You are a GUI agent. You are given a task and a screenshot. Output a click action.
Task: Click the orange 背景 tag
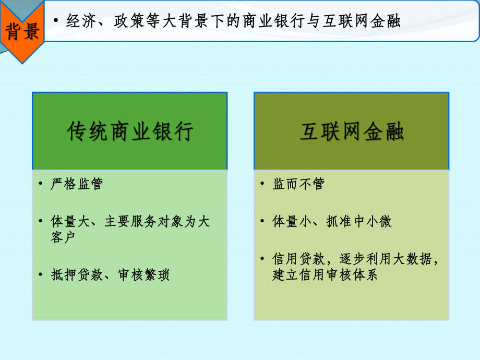tap(22, 32)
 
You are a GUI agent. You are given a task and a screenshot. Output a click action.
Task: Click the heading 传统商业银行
tap(130, 132)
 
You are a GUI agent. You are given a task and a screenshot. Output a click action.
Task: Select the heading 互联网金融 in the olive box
tap(352, 132)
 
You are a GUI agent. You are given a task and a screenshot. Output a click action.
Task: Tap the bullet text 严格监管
tap(77, 184)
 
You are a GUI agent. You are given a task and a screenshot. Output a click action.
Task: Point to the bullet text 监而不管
tap(298, 184)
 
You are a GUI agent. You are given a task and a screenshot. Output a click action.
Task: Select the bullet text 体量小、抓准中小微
tap(332, 221)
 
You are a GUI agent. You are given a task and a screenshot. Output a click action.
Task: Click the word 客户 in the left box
tap(63, 237)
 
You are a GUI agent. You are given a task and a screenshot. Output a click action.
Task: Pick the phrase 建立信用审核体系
tap(325, 274)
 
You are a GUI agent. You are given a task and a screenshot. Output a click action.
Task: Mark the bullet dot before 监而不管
tap(262, 184)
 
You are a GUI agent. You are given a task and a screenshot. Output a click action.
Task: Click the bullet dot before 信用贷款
tap(262, 259)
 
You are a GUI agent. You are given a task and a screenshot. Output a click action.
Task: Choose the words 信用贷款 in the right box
tap(298, 259)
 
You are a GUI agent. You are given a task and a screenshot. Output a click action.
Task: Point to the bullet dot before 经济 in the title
tap(56, 22)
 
